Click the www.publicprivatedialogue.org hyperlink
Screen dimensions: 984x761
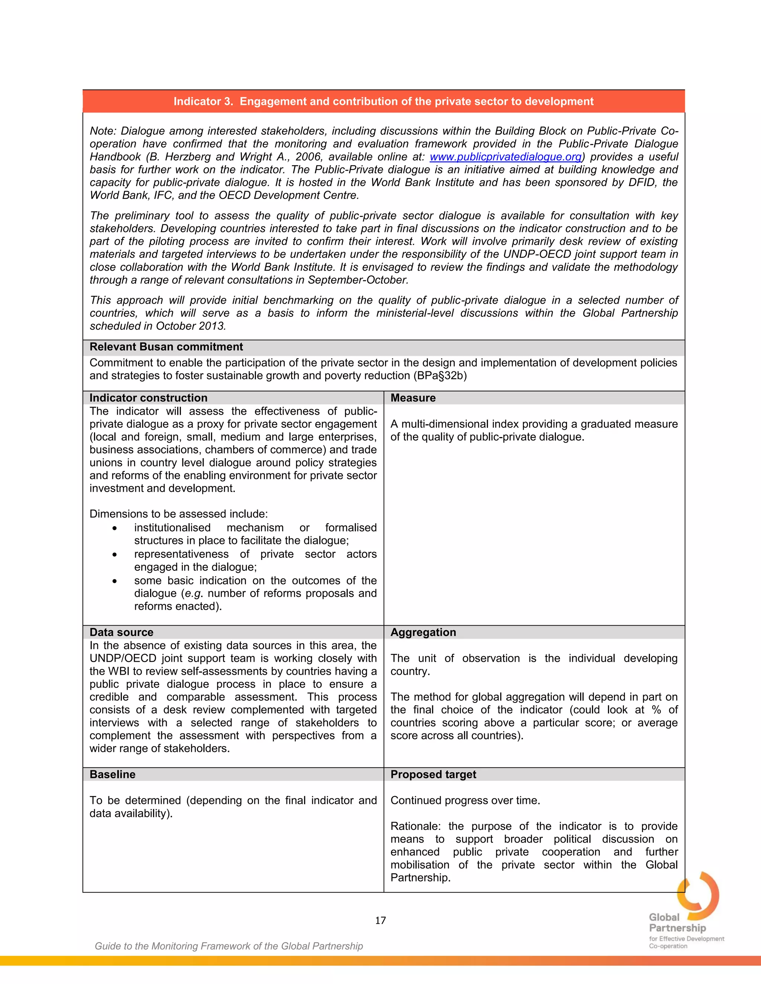(x=505, y=157)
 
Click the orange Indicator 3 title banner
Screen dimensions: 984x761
(x=383, y=101)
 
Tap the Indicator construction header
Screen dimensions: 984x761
(x=148, y=398)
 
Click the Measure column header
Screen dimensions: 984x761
(x=413, y=398)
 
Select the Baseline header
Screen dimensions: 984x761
(x=112, y=775)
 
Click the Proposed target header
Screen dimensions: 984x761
(x=433, y=775)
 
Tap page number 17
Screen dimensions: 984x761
(x=380, y=921)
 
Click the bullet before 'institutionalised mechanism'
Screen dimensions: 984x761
(x=115, y=528)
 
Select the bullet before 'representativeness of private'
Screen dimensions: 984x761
(x=115, y=555)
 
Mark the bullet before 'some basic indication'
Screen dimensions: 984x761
(x=115, y=581)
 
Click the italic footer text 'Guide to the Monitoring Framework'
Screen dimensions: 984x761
(x=229, y=946)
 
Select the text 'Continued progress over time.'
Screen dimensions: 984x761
(x=465, y=801)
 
